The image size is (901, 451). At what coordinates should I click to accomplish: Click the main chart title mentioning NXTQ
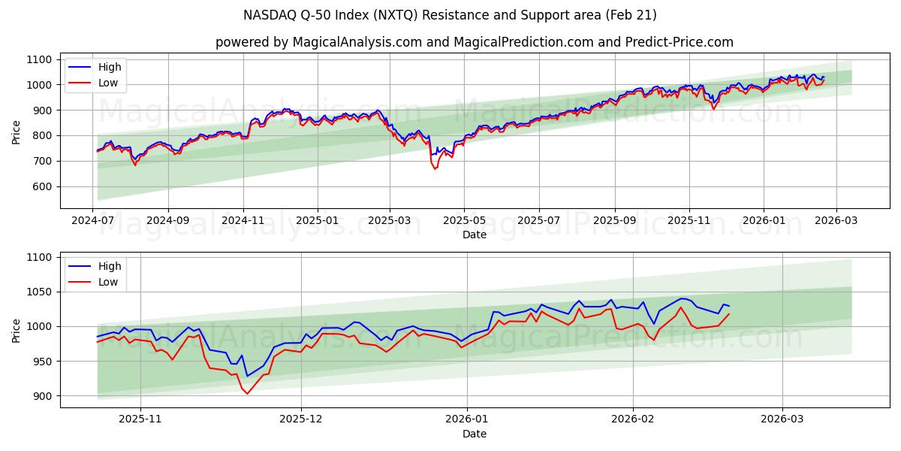click(450, 15)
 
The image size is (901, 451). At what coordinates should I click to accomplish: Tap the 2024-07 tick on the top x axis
click(93, 220)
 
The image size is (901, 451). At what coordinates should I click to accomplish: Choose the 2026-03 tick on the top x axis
click(836, 220)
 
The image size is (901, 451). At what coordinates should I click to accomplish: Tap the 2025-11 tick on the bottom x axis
click(140, 419)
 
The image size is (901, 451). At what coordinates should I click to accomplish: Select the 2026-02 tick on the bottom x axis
click(633, 419)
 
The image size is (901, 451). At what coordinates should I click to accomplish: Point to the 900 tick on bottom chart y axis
click(41, 396)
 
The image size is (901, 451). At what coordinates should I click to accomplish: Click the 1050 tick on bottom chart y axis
click(38, 292)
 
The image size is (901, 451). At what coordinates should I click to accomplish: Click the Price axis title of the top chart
click(17, 131)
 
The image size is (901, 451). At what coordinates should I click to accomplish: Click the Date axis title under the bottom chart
click(474, 434)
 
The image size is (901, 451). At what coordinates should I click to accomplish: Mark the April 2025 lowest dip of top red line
click(435, 168)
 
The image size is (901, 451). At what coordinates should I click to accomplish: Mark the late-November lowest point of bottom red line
click(247, 393)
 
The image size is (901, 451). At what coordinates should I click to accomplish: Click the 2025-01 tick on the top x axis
click(317, 220)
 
